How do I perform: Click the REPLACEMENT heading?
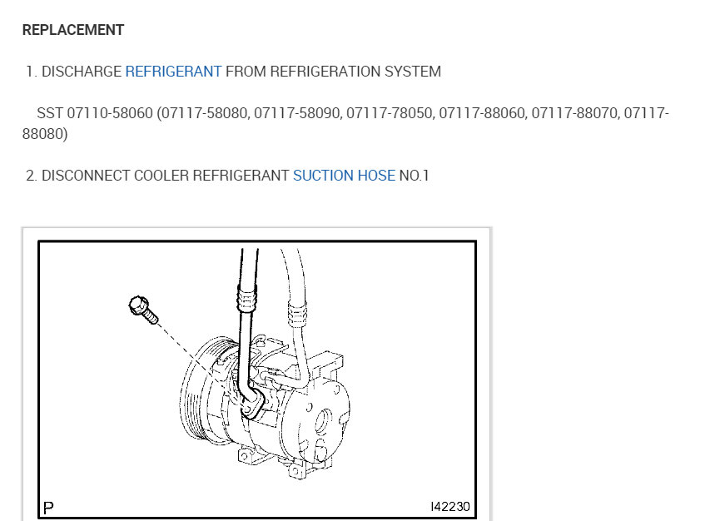73,30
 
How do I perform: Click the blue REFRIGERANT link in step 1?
173,72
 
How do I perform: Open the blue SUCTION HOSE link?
344,176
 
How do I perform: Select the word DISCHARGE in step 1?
82,72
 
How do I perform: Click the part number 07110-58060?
110,113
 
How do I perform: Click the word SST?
50,113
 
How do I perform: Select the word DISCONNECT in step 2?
86,176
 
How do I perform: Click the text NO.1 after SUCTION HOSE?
414,176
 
